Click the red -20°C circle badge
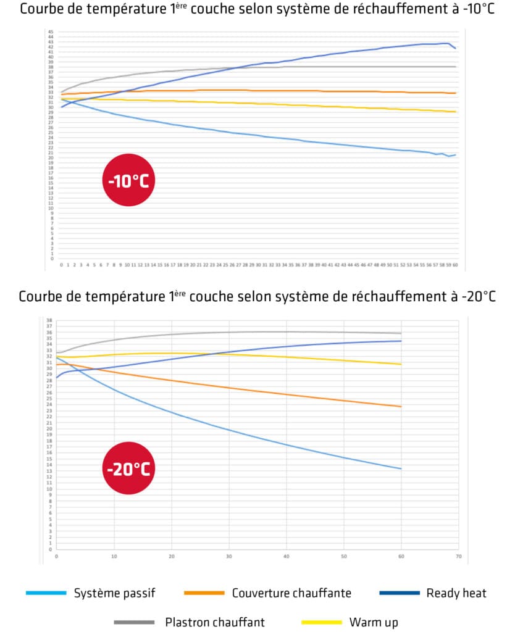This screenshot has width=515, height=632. pos(128,468)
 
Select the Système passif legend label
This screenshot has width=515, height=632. pos(114,594)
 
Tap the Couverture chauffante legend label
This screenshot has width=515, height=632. pos(291,594)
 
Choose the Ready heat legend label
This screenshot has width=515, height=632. pos(456,594)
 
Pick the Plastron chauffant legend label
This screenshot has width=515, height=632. pos(215,622)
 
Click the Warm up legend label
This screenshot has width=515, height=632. pos(374,622)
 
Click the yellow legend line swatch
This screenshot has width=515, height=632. pos(320,622)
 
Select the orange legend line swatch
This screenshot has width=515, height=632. pos(204,594)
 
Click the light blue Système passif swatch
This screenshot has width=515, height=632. pos(46,594)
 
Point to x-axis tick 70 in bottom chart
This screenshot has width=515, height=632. pos(458,556)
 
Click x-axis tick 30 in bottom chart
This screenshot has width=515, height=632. pos(228,556)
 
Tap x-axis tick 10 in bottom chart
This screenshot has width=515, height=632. pos(114,556)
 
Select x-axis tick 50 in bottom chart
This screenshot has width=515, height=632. pos(343,556)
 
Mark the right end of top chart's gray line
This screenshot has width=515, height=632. pos(456,67)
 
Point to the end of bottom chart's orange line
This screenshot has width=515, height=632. pos(401,406)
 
